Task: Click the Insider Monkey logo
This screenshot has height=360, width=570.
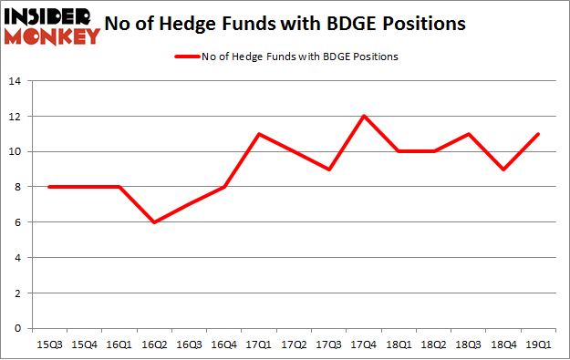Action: [51, 26]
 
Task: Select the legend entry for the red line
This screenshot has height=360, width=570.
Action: [285, 57]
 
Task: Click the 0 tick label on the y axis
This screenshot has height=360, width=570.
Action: [19, 328]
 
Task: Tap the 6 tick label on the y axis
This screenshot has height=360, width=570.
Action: [19, 222]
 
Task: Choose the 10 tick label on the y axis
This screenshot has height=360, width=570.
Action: [16, 151]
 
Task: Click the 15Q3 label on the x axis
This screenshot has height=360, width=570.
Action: [48, 345]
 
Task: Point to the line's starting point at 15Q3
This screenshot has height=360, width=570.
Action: [48, 187]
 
